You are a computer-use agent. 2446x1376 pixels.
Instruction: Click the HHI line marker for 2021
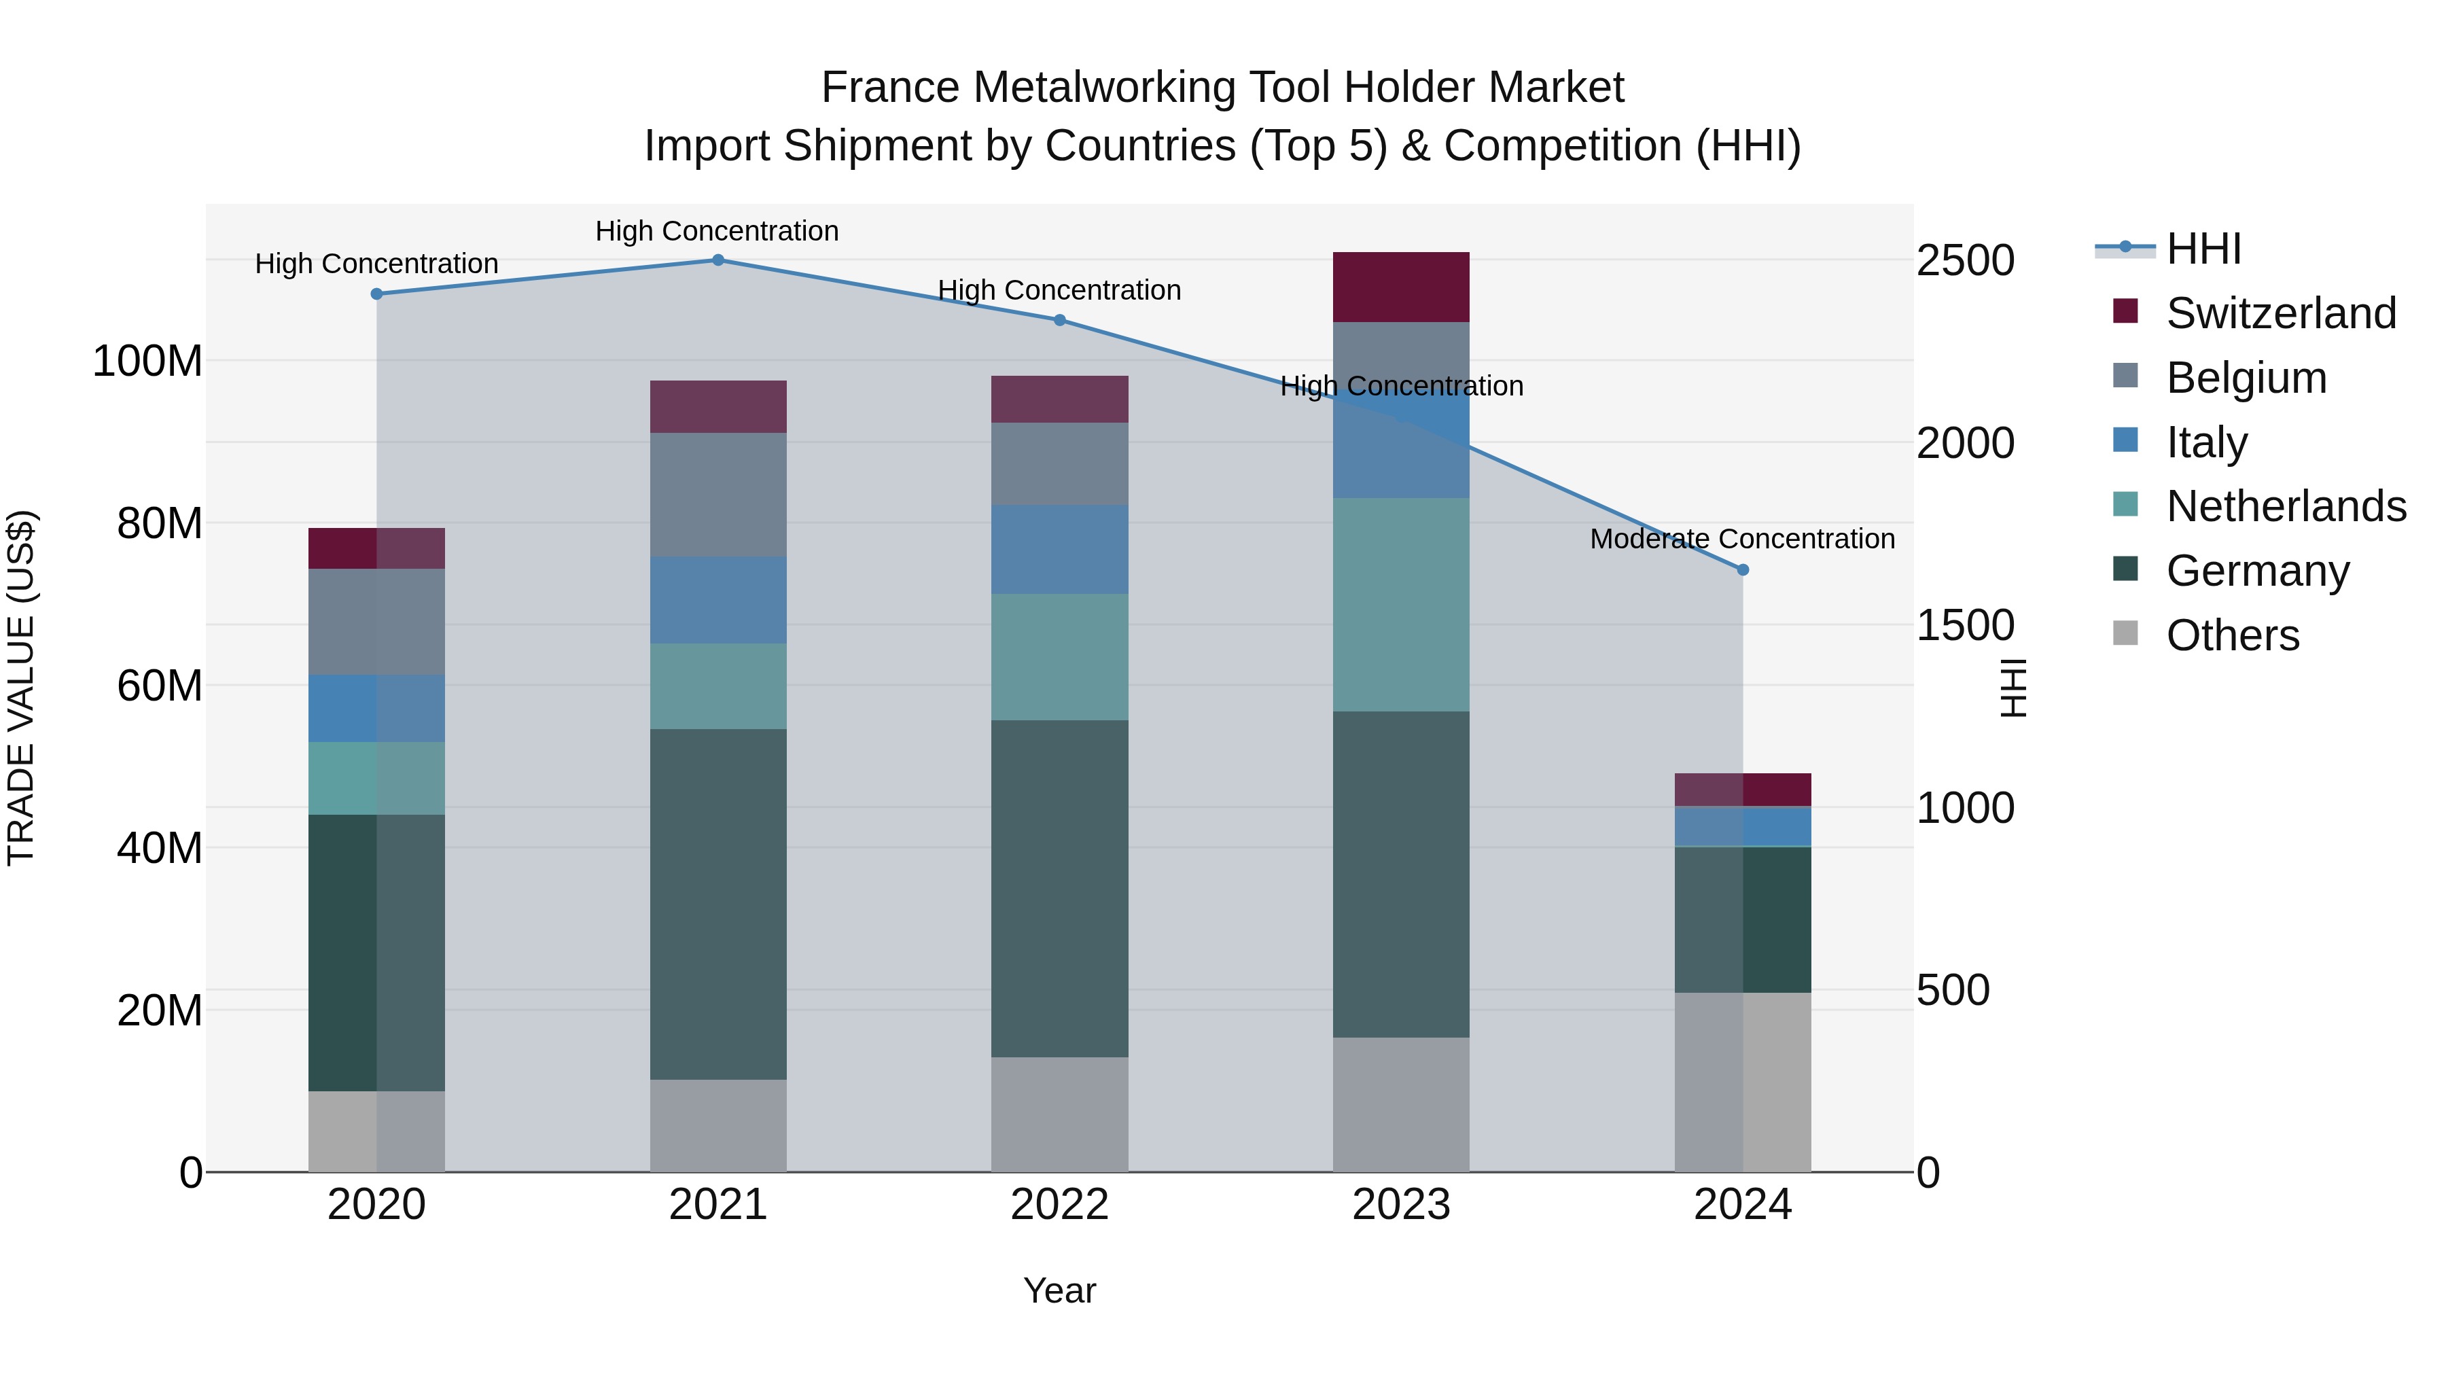point(718,260)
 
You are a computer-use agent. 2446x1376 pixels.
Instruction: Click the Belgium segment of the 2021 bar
point(718,495)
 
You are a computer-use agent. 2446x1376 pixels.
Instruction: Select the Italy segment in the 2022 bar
point(1060,549)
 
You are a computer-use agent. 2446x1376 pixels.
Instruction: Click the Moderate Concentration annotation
point(1742,538)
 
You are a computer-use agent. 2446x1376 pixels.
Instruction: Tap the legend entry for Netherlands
point(2286,506)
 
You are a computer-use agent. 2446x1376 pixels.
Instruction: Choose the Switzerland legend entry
point(2281,313)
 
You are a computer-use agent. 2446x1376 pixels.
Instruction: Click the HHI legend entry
point(2203,249)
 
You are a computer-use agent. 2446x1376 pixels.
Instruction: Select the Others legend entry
point(2233,635)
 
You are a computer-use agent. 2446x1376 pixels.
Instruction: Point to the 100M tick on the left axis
point(147,361)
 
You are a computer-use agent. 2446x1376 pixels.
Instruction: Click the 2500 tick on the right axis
point(1964,260)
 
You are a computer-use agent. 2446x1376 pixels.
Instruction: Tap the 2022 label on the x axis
point(1060,1205)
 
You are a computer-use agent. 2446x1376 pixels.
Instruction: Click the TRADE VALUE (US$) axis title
point(21,688)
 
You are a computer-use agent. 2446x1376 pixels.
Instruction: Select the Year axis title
point(1060,1290)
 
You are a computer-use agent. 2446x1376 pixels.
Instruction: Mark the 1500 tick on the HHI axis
point(1964,625)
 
